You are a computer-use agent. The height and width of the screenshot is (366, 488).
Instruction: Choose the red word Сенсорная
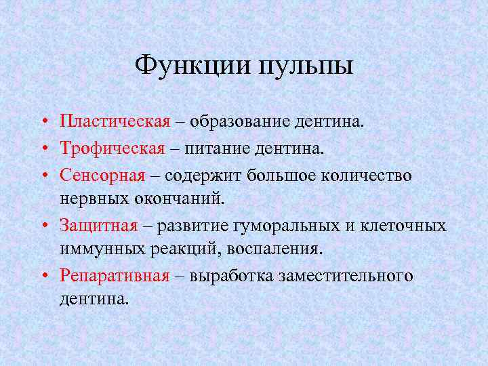(x=102, y=174)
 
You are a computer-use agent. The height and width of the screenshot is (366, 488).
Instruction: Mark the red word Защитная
(x=98, y=225)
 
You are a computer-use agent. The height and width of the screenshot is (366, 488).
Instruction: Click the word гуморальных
(x=291, y=225)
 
